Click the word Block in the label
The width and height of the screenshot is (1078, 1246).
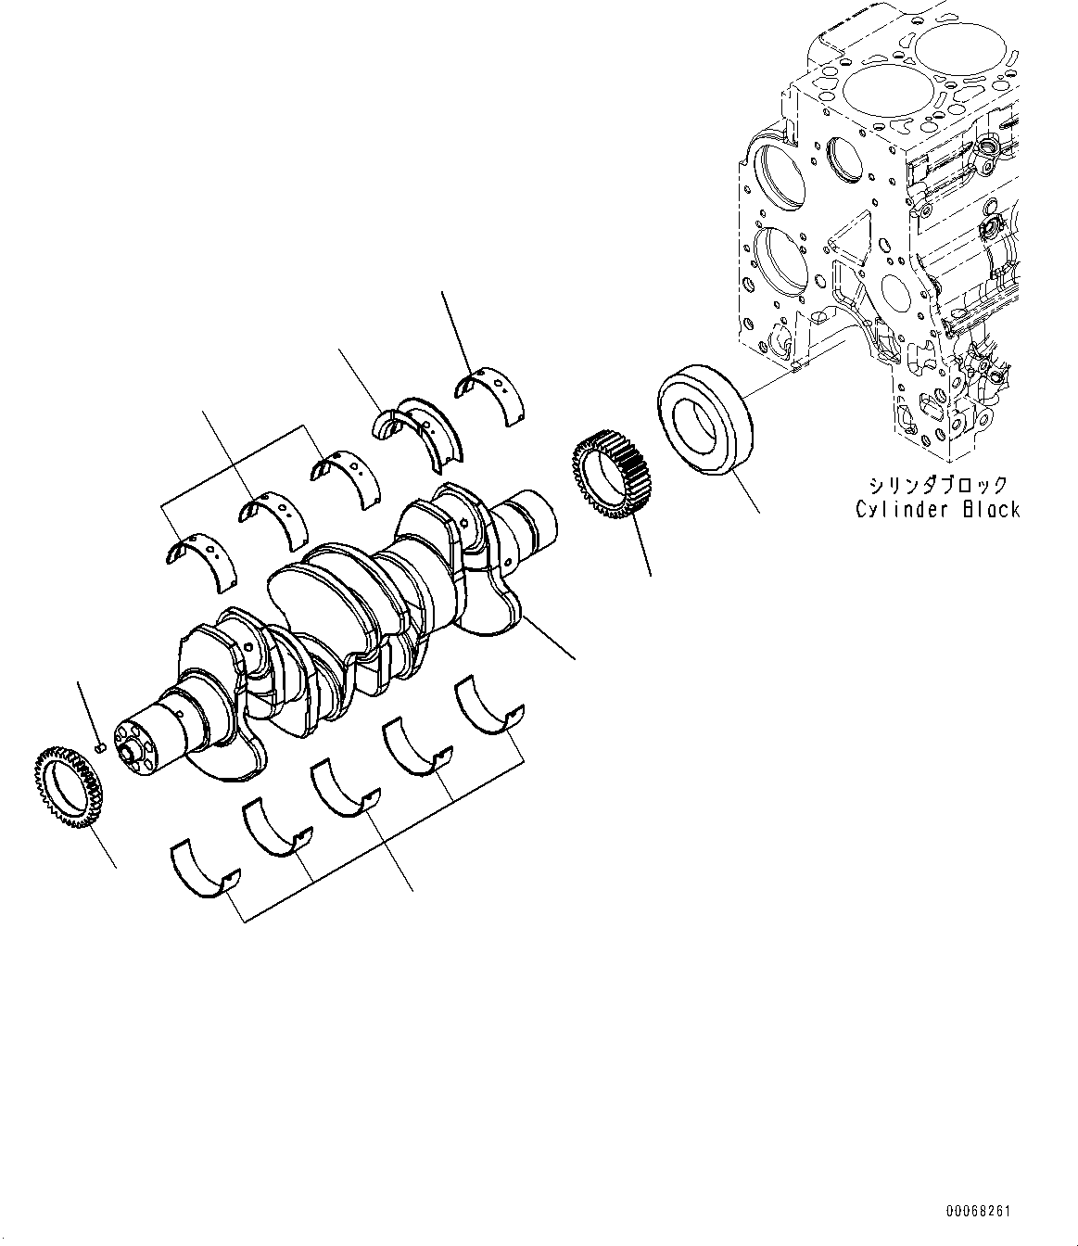[x=991, y=509]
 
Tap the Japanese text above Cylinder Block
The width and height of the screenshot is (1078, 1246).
[x=936, y=485]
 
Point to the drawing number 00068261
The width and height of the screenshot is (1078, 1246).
[x=979, y=1212]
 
